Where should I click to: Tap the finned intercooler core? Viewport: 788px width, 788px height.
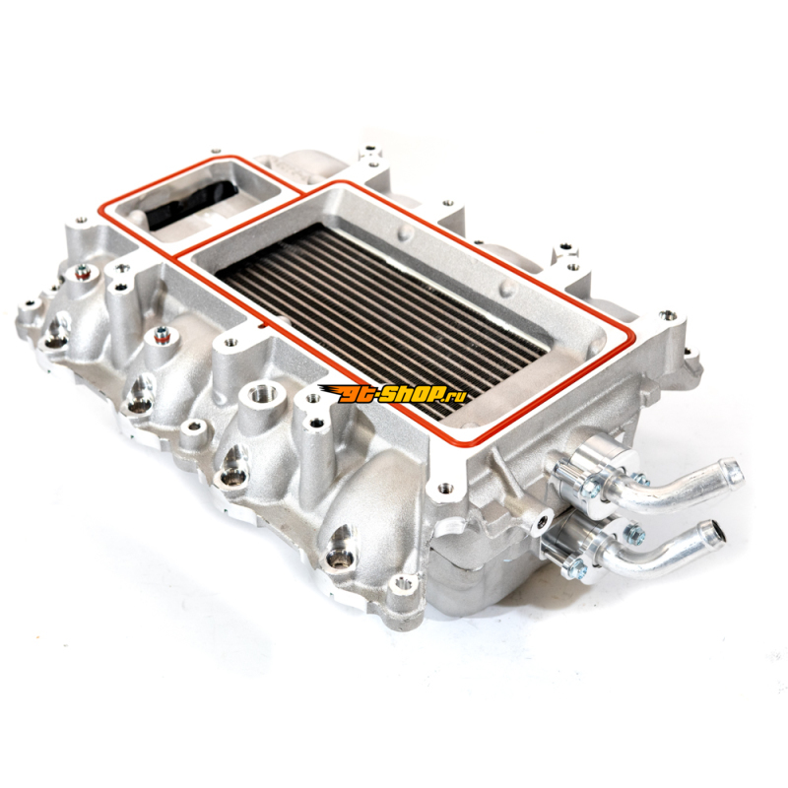point(381,315)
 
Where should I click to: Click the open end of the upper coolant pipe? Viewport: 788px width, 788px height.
point(735,471)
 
